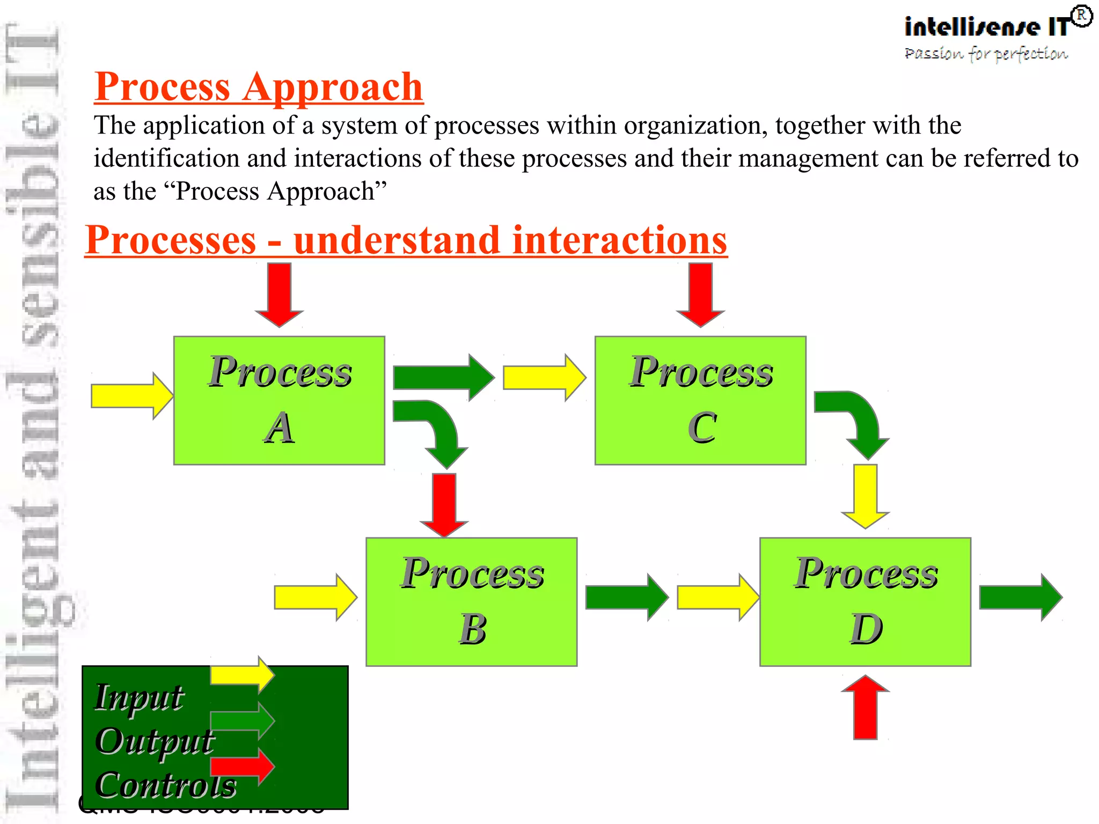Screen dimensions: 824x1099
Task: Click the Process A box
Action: tap(279, 400)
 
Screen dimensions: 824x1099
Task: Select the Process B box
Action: tap(471, 601)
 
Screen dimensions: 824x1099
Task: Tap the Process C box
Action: tap(700, 400)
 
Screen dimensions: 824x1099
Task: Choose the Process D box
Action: tap(865, 601)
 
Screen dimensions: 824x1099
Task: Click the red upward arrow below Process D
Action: tap(865, 708)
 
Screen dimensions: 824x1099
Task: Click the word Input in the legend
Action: tap(139, 697)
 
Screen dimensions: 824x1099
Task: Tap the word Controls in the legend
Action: tap(166, 785)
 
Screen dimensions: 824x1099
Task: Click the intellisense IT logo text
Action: tap(986, 27)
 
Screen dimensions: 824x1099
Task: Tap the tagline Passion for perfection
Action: tap(986, 54)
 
